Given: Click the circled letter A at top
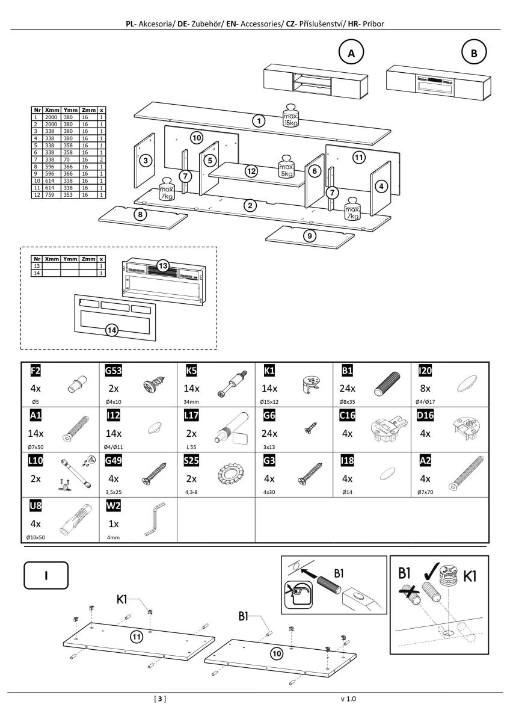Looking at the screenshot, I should point(351,52).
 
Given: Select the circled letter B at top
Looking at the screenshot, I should point(474,52).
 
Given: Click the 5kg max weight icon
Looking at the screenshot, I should point(286,168).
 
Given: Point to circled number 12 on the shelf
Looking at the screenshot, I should point(251,171).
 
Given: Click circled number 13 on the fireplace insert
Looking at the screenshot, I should point(163,266).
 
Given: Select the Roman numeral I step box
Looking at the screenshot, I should point(46,575).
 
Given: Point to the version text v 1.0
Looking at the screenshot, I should point(349,699).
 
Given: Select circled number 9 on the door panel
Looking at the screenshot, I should point(309,235).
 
